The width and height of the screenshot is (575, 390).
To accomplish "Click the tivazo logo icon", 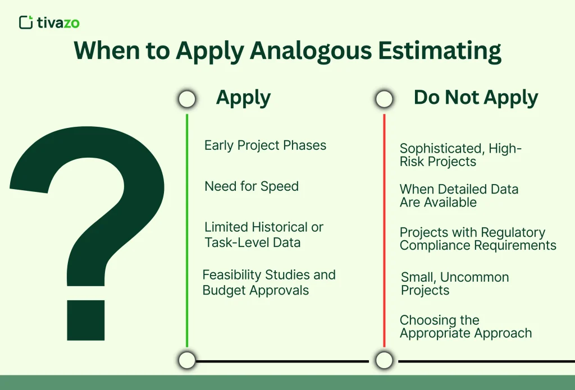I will [25, 22].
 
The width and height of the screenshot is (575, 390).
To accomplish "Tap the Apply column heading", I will [243, 98].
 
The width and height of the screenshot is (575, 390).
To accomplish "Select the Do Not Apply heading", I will [476, 98].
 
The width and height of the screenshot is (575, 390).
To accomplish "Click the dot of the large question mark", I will [86, 320].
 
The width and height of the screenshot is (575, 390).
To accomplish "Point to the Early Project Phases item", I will [265, 145].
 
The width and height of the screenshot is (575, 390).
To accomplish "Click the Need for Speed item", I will [252, 186].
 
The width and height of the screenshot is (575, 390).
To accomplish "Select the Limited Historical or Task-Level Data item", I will [263, 235].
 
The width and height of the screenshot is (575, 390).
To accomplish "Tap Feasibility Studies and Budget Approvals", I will [269, 282].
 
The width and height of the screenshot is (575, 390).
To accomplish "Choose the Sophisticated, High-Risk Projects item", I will [460, 155].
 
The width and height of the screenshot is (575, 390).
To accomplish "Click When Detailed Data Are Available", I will [459, 195].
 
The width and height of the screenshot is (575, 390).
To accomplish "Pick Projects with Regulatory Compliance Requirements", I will [478, 238].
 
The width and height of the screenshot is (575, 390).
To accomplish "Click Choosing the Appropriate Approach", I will [466, 327].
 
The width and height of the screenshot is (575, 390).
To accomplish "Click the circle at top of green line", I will [187, 99].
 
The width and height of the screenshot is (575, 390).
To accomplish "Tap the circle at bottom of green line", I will [188, 360].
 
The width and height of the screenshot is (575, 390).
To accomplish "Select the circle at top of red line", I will [384, 99].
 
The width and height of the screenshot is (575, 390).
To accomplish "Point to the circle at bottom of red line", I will [384, 360].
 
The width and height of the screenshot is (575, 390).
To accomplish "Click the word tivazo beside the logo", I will [58, 22].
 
